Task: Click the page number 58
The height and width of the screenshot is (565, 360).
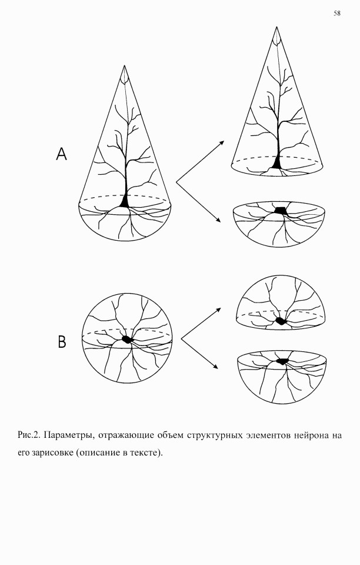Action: [337, 14]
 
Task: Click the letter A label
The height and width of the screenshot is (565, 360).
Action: [62, 154]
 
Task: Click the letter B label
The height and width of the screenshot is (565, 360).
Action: [62, 341]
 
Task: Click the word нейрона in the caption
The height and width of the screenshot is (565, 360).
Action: [311, 436]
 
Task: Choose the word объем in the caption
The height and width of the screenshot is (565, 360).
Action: [168, 435]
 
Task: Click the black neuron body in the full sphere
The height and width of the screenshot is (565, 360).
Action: [127, 339]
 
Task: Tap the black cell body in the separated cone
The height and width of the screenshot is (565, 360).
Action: [276, 162]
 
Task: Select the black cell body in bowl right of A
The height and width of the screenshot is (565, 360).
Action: [281, 211]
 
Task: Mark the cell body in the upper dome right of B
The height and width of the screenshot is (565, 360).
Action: [280, 321]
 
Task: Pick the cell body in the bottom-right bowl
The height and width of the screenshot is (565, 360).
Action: [283, 360]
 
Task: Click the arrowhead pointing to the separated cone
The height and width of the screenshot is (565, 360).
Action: [222, 142]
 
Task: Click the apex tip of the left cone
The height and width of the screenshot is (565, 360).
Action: [125, 65]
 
